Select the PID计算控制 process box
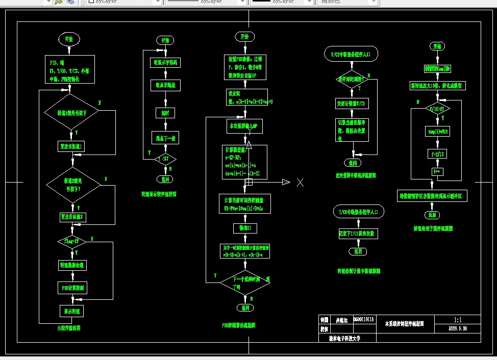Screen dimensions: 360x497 (72, 288)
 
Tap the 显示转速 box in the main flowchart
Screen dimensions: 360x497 (72, 311)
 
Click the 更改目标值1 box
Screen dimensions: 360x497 (72, 146)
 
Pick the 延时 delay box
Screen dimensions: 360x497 (165, 113)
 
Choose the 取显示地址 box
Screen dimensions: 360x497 (165, 86)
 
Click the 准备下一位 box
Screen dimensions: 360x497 (165, 138)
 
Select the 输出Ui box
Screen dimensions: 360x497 (245, 227)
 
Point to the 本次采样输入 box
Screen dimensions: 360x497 (245, 126)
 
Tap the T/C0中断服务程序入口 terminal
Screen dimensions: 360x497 (357, 211)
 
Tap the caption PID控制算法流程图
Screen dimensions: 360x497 (238, 325)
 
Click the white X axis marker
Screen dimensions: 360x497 (301, 182)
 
